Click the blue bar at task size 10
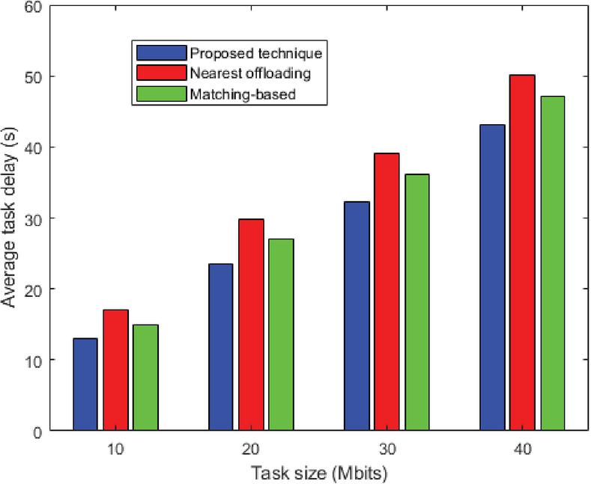(85, 385)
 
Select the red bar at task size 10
(115, 370)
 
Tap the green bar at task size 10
(145, 378)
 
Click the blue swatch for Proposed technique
(161, 53)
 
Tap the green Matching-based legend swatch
(161, 94)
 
